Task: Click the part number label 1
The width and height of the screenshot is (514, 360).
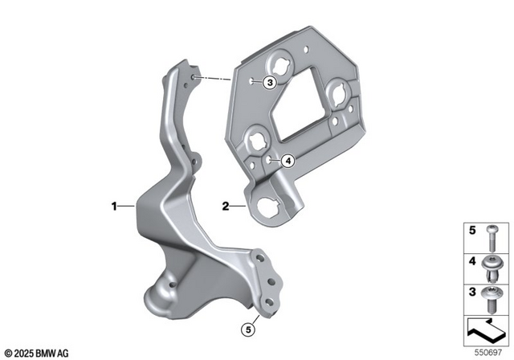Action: pos(114,207)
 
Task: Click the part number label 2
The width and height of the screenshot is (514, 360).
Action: pos(227,207)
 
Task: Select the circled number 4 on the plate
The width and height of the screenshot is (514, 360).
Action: pos(288,161)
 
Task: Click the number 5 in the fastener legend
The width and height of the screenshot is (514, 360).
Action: pos(471,233)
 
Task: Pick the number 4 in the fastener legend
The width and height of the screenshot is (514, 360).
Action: pos(471,262)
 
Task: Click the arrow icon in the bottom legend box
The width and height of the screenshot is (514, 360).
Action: pos(485,329)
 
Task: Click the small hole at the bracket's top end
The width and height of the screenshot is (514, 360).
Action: pos(193,77)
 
